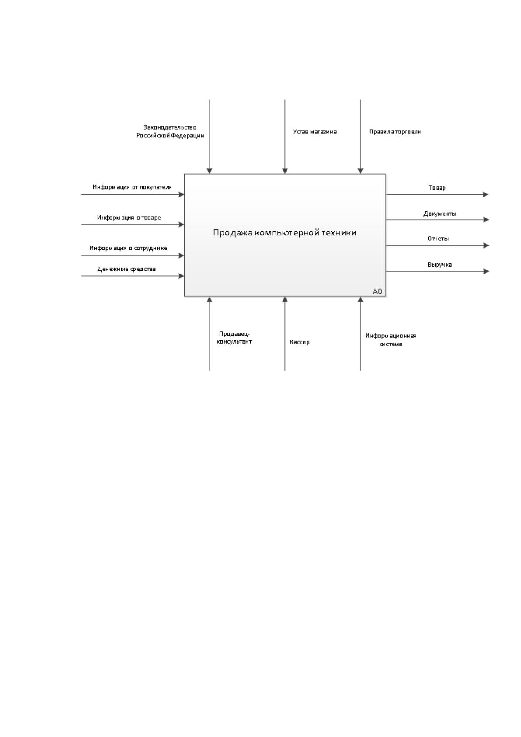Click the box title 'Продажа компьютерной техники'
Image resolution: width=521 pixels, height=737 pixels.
click(284, 233)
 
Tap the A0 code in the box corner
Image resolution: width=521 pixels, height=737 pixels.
click(377, 291)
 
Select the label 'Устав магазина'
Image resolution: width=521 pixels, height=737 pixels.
click(315, 132)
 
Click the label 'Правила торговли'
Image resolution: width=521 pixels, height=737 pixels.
click(395, 132)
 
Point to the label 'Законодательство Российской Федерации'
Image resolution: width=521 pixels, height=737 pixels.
click(170, 131)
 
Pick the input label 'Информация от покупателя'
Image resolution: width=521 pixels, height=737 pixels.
click(132, 187)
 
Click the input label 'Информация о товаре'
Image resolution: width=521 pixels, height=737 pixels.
click(129, 218)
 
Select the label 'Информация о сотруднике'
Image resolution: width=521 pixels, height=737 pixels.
click(128, 248)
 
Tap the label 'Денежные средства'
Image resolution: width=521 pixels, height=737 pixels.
click(126, 269)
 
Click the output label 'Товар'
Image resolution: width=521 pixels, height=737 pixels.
click(437, 188)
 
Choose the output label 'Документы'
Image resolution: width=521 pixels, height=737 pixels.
click(440, 214)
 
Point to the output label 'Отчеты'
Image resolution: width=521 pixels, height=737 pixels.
click(438, 239)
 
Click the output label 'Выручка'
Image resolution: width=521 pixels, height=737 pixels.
click(440, 264)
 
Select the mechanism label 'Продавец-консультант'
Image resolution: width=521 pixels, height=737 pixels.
click(234, 338)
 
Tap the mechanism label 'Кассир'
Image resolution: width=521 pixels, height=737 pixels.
click(299, 342)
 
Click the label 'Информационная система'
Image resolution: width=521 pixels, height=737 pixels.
click(391, 340)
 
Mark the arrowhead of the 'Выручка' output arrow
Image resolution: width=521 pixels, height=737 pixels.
click(486, 271)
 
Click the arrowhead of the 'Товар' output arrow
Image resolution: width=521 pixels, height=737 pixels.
click(486, 194)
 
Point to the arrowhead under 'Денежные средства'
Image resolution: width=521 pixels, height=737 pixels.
click(181, 276)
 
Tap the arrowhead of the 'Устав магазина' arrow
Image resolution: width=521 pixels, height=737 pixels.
click(285, 171)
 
